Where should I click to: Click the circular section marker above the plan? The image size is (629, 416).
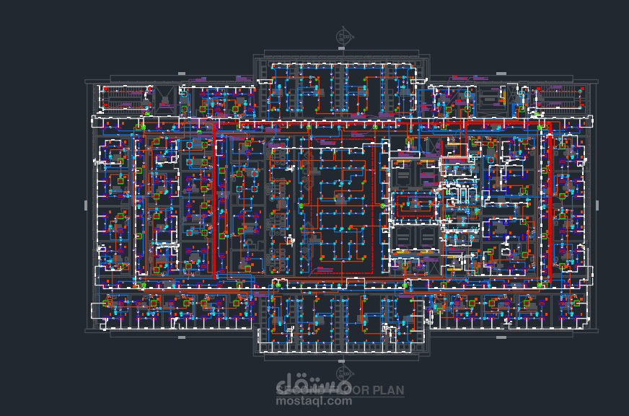click(343, 35)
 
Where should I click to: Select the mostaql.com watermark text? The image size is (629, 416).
click(314, 402)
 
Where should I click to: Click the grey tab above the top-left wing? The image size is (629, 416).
click(180, 75)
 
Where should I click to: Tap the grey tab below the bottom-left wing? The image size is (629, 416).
click(180, 337)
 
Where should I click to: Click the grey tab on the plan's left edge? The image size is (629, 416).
click(86, 205)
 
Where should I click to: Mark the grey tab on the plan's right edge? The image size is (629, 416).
click(597, 205)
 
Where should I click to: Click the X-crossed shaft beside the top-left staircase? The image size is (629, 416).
click(165, 97)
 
